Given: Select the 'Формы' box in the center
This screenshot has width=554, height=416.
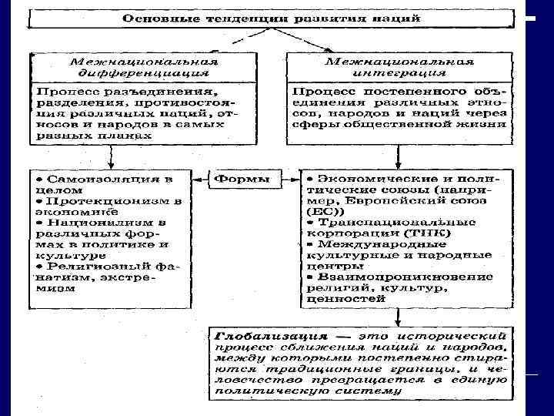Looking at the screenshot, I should [241, 179].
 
